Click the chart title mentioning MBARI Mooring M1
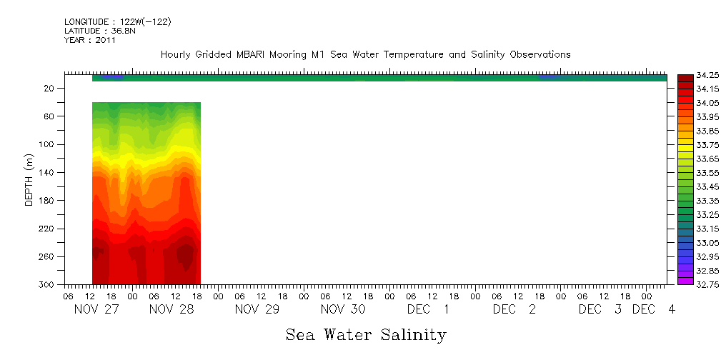[365, 54]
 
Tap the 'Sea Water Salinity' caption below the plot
[366, 334]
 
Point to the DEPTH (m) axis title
[29, 179]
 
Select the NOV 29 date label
[257, 309]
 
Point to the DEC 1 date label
[428, 309]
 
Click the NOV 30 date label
[342, 309]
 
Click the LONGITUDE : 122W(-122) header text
[117, 22]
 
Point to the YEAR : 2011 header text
[90, 40]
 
